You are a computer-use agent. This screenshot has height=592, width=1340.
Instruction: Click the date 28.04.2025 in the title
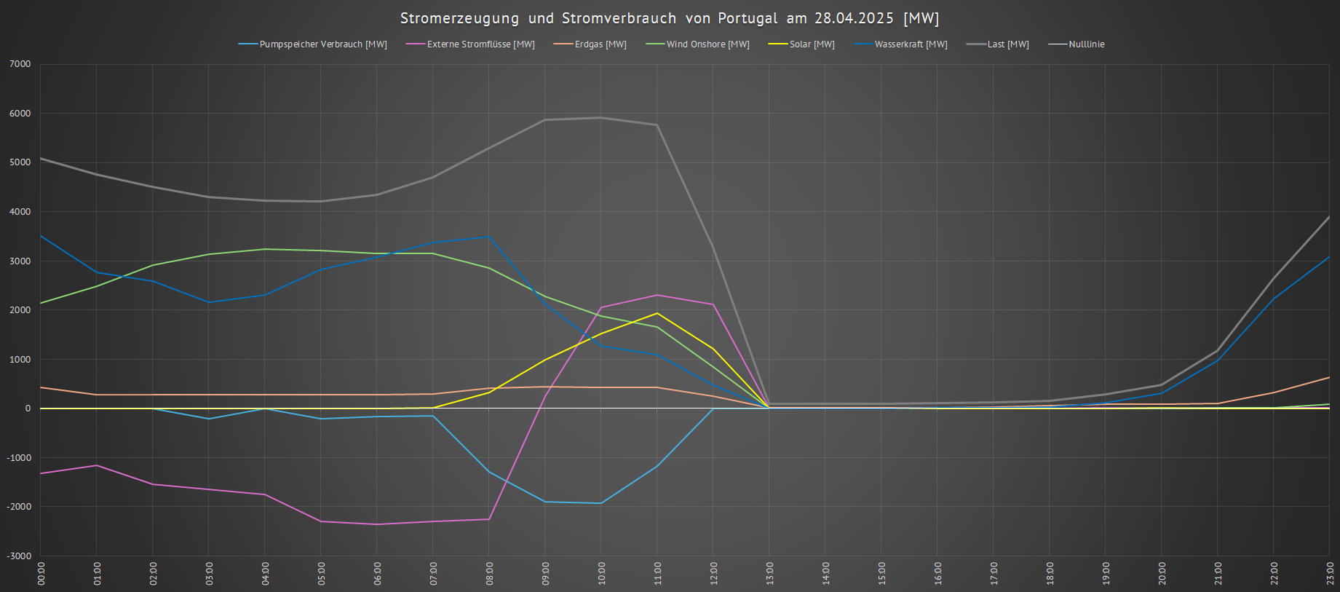point(854,18)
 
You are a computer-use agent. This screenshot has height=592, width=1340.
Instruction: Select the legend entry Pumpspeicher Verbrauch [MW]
point(323,44)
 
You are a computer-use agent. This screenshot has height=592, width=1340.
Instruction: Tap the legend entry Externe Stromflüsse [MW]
point(480,44)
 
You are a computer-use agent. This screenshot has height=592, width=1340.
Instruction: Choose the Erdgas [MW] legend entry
point(600,44)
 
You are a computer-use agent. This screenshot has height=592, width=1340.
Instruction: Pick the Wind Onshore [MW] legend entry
point(707,44)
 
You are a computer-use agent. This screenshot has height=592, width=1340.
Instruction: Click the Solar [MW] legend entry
point(812,44)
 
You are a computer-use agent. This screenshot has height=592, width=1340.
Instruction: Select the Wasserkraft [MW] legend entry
point(911,44)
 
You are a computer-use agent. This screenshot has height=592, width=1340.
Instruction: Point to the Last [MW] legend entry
point(1008,44)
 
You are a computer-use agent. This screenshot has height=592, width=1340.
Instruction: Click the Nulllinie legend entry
point(1086,44)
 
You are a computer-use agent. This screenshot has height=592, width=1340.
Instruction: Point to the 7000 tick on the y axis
point(20,64)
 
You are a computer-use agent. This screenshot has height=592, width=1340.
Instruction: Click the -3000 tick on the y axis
point(19,556)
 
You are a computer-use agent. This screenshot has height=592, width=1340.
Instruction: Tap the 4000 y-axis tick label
point(20,212)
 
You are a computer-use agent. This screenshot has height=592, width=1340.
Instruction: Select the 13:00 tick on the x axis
point(769,573)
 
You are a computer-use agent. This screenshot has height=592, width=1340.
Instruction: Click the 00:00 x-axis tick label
point(41,573)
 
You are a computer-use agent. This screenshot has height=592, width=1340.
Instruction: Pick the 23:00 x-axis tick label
point(1330,573)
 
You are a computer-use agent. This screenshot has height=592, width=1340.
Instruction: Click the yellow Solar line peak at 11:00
point(657,313)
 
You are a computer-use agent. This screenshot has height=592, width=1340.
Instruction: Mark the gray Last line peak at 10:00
point(600,117)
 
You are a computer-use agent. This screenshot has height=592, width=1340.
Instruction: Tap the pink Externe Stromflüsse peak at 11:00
point(657,295)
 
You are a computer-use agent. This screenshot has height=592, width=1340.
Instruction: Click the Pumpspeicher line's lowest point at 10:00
point(600,503)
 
